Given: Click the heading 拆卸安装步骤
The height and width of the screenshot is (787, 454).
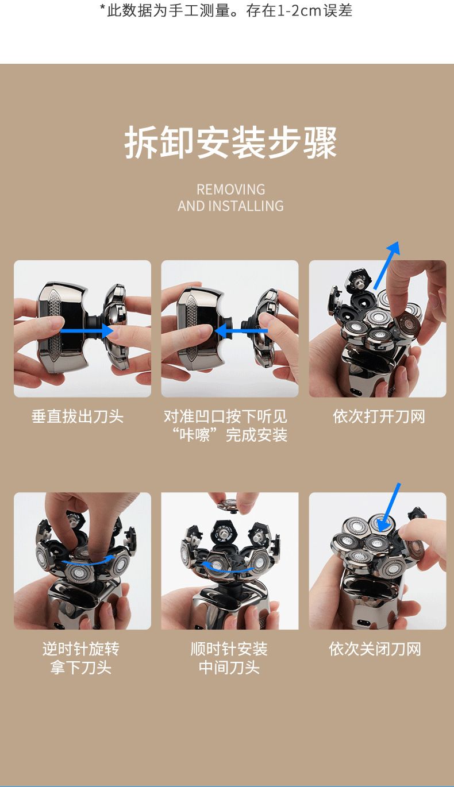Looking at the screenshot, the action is pyautogui.click(x=230, y=142).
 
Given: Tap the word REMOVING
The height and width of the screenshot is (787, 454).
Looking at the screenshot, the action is pyautogui.click(x=231, y=190).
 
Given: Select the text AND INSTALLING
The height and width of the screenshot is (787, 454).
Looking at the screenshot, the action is pyautogui.click(x=230, y=206).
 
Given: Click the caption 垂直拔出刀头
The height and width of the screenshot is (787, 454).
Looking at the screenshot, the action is pyautogui.click(x=78, y=416).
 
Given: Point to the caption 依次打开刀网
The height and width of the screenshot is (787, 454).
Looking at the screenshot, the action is pyautogui.click(x=379, y=416).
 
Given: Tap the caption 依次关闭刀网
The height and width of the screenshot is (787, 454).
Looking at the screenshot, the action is pyautogui.click(x=375, y=649).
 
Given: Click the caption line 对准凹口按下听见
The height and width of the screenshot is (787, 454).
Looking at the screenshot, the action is pyautogui.click(x=226, y=416).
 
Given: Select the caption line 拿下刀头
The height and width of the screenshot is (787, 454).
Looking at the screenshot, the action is pyautogui.click(x=81, y=667).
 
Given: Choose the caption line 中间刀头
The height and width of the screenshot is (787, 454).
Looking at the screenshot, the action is pyautogui.click(x=229, y=667).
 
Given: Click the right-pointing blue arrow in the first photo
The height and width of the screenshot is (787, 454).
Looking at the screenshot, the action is pyautogui.click(x=86, y=331).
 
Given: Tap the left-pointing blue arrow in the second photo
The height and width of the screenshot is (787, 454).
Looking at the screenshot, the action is pyautogui.click(x=241, y=331).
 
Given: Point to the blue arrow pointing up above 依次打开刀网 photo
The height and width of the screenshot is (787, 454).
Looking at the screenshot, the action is pyautogui.click(x=387, y=265).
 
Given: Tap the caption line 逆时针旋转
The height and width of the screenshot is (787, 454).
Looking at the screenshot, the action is pyautogui.click(x=81, y=649).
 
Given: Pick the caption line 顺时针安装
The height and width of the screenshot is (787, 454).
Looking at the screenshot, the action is pyautogui.click(x=229, y=649).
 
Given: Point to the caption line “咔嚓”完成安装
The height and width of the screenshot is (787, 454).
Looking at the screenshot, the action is pyautogui.click(x=230, y=435).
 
